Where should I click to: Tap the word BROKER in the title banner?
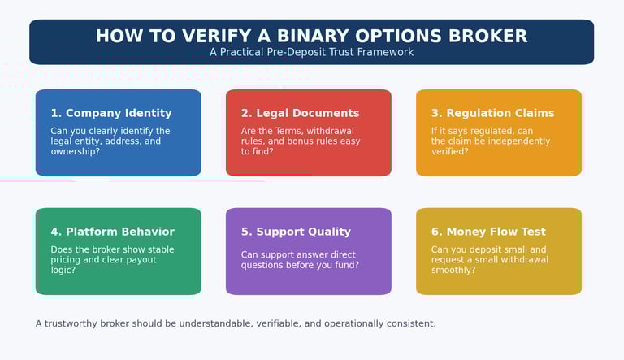[488, 36]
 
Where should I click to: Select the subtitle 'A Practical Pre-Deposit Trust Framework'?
[312, 52]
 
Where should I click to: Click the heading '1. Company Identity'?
[111, 113]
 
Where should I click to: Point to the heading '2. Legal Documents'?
[300, 113]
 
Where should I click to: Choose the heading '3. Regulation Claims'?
[492, 113]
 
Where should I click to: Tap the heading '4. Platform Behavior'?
[113, 232]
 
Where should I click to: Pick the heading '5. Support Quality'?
[296, 232]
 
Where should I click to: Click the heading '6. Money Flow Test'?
[488, 232]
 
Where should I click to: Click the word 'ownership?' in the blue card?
[76, 152]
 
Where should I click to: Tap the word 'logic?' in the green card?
[63, 270]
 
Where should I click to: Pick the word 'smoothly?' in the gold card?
[453, 270]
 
